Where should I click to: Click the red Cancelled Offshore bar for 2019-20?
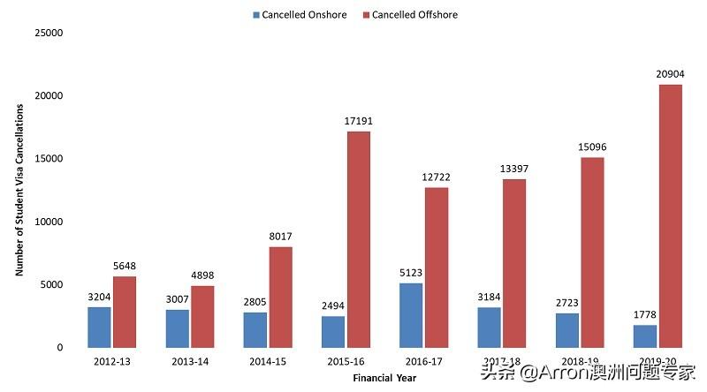[x=671, y=215]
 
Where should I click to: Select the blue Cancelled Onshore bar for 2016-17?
[x=410, y=315]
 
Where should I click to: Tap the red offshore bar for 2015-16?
[x=358, y=239]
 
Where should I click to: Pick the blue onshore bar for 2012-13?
[x=99, y=327]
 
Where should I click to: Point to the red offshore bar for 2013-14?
[x=202, y=316]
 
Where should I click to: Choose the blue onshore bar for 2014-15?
[x=255, y=329]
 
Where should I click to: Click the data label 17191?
[x=358, y=120]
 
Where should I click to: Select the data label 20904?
[x=671, y=73]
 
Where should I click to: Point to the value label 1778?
[x=645, y=314]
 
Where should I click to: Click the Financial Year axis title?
[x=386, y=377]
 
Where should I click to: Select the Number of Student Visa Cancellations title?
[x=19, y=190]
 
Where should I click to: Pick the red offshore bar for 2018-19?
[x=593, y=253]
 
